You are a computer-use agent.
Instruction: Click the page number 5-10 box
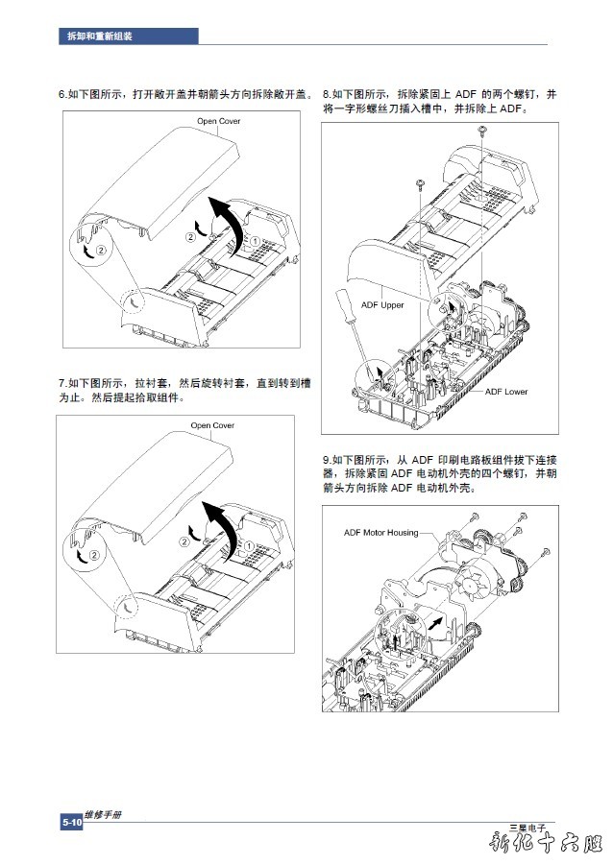[x=71, y=823]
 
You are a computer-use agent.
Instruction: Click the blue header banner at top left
[x=128, y=36]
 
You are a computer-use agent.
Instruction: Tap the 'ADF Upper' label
[x=382, y=305]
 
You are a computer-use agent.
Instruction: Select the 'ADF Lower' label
[x=505, y=392]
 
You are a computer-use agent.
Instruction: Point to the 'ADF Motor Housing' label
[x=381, y=533]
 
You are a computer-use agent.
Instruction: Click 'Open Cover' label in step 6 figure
[x=219, y=121]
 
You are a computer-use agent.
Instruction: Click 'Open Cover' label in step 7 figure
[x=212, y=425]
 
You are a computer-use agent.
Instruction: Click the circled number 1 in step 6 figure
[x=256, y=242]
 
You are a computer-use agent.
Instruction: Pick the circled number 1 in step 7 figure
[x=249, y=546]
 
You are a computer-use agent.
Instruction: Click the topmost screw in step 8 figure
[x=481, y=130]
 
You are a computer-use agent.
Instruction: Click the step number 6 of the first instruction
[x=61, y=94]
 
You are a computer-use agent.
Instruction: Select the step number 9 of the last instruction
[x=326, y=460]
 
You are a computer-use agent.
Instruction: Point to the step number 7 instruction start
[x=61, y=383]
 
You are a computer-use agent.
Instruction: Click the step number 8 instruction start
[x=326, y=94]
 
